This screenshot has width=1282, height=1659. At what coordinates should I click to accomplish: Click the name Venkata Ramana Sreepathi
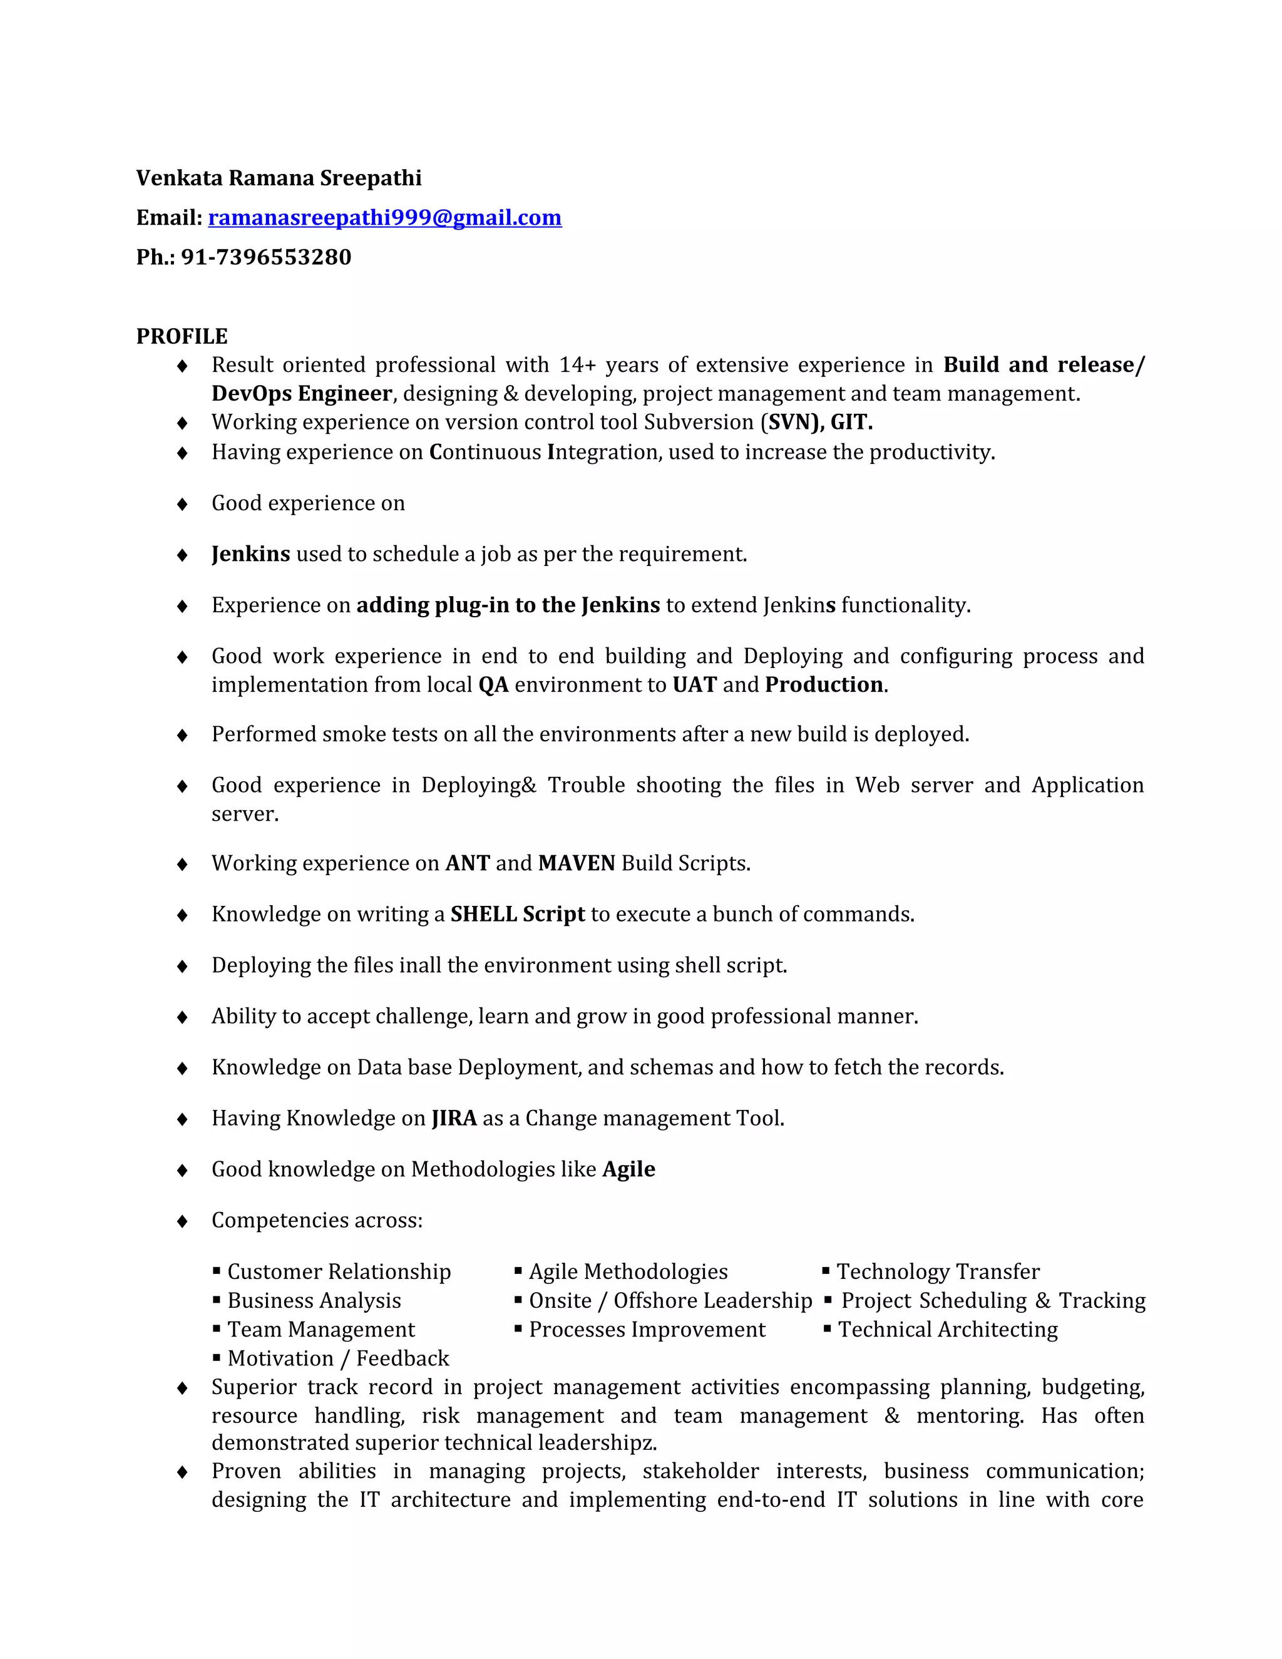tap(279, 178)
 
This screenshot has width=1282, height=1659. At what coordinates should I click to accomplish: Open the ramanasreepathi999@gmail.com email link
tap(384, 218)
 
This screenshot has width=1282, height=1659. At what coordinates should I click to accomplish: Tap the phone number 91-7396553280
tap(266, 257)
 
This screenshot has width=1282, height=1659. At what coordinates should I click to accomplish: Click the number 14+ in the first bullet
tap(577, 366)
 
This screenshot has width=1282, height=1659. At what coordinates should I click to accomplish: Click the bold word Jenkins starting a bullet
tap(250, 555)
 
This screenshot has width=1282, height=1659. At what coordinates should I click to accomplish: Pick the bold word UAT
tap(694, 685)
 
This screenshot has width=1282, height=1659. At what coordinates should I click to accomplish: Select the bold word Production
tap(824, 685)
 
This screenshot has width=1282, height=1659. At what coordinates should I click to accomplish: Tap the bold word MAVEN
tap(577, 864)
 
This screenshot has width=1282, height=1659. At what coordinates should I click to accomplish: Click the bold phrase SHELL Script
tap(517, 915)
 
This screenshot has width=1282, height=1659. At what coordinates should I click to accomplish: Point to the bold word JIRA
tap(454, 1119)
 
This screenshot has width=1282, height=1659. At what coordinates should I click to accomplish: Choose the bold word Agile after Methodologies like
tap(629, 1170)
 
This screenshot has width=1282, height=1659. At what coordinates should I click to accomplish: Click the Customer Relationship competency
tap(339, 1272)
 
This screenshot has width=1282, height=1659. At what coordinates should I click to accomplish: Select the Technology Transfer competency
tap(938, 1272)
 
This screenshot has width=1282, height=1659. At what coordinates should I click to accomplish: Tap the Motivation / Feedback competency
tap(338, 1359)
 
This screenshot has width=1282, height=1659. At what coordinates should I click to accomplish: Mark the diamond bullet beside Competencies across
tap(182, 1221)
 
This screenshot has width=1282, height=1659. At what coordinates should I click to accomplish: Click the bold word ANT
tap(467, 864)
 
